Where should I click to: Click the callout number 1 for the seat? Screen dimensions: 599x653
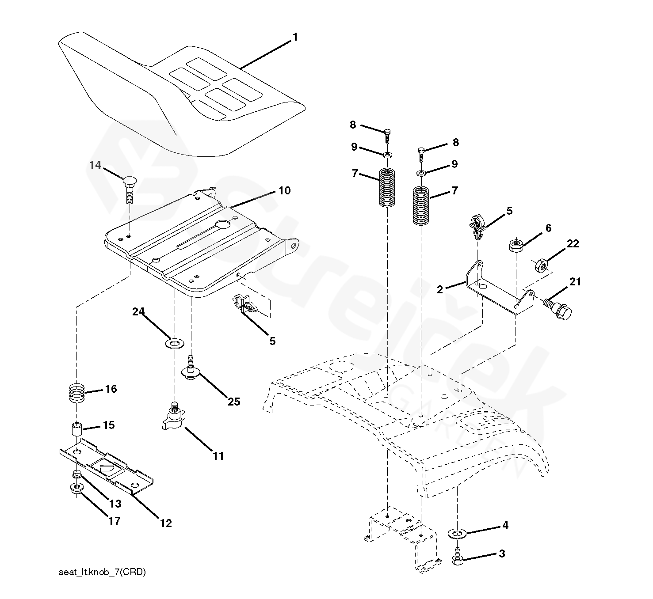[x=295, y=38]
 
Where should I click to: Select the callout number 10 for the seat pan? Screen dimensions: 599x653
[x=284, y=191]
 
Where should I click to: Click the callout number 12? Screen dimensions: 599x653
[x=166, y=523]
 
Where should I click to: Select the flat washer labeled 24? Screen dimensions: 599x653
[x=175, y=343]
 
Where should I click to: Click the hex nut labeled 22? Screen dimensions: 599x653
[x=540, y=265]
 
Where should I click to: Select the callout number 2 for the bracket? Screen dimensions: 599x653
[x=439, y=290]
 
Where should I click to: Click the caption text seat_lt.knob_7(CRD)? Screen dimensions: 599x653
[x=102, y=572]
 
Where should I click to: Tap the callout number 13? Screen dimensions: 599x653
[x=115, y=504]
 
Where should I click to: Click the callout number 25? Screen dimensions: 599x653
[x=234, y=402]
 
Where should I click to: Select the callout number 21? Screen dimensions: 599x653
[x=575, y=282]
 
